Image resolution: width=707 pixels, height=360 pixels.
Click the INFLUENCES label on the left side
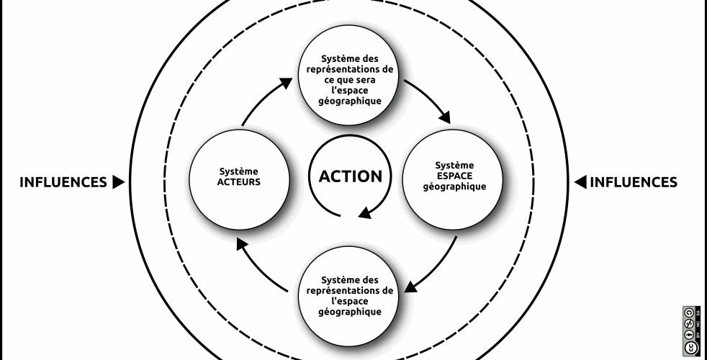click(x=63, y=182)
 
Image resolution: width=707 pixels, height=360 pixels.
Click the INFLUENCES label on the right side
click(x=634, y=182)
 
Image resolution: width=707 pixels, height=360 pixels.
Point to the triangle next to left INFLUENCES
click(x=118, y=182)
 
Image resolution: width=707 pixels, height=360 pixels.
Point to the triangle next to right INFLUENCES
click(x=580, y=182)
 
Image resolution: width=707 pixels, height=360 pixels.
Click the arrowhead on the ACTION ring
click(x=366, y=211)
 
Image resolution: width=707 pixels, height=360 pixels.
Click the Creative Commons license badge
click(x=689, y=330)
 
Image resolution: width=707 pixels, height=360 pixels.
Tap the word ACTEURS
click(x=238, y=182)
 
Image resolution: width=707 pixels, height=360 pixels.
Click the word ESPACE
click(x=455, y=176)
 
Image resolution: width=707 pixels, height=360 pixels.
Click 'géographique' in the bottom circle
click(x=349, y=312)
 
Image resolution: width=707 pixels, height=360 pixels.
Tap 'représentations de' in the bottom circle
click(x=349, y=290)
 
